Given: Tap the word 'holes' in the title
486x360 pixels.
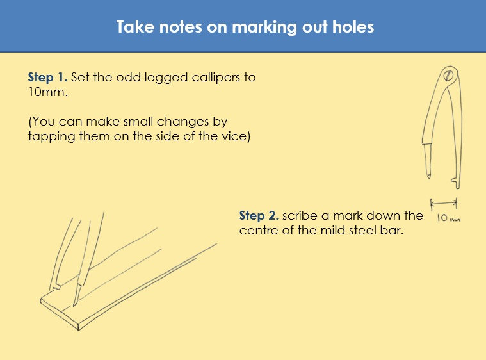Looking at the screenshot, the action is (x=353, y=27).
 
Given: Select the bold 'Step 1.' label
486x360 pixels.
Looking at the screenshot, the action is (x=47, y=78).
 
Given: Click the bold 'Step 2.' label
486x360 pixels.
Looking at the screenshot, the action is (x=259, y=215).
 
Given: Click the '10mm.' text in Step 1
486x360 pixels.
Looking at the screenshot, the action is (x=48, y=92).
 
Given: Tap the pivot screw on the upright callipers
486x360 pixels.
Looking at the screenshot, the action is (x=448, y=75).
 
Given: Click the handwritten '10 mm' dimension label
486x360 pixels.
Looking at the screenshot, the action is (x=448, y=217).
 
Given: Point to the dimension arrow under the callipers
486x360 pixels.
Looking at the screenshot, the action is (x=444, y=204).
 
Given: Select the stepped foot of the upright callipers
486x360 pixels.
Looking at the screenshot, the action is (x=456, y=183).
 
